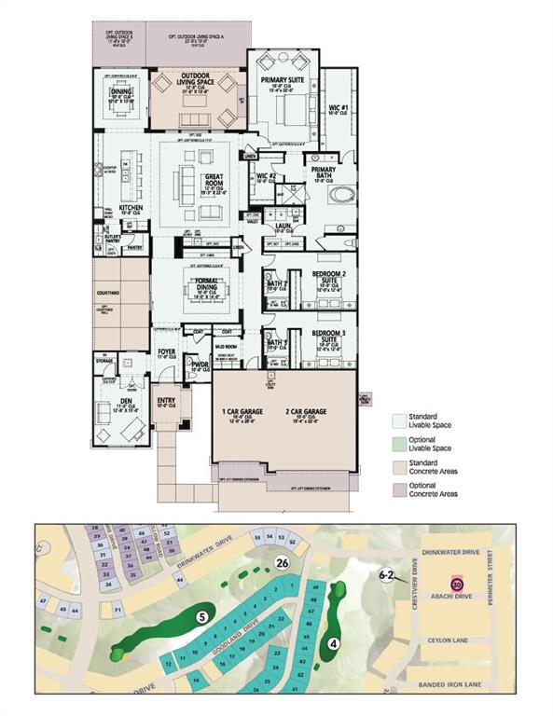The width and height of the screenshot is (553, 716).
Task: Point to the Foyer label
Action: coord(166,351)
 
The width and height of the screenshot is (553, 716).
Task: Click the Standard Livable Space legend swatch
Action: coord(397,421)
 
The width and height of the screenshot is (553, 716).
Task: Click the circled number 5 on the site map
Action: coord(200,615)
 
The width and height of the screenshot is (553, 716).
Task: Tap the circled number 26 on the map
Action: coord(282,562)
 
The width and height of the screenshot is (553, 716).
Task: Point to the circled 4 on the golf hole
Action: coord(333,641)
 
